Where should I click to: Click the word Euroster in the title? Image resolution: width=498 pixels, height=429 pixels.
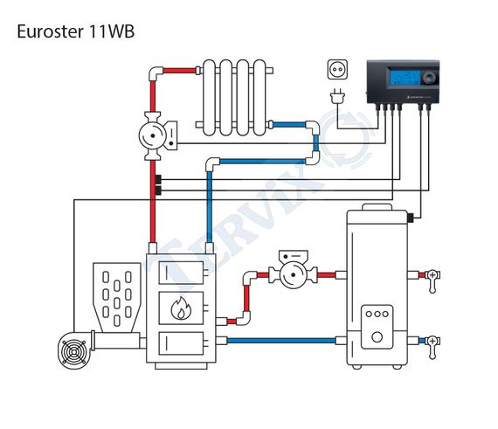pos(50,31)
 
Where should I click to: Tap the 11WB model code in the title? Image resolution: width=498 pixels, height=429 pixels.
pos(112,31)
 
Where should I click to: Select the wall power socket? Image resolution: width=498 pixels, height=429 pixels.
pos(337,69)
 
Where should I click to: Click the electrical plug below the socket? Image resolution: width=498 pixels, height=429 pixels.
pos(337,95)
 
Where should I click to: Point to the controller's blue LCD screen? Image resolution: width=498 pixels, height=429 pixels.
pos(405,77)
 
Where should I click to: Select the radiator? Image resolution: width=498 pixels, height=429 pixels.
pos(234,98)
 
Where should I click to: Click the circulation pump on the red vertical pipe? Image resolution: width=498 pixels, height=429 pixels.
pos(157,135)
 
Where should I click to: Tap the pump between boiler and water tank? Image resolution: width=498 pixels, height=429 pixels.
pos(294,269)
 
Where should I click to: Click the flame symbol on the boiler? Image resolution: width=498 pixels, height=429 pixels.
pos(181,308)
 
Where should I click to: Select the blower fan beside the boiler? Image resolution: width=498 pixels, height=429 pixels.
pos(74,351)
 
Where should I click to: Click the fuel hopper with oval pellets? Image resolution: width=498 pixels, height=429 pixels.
pos(117,298)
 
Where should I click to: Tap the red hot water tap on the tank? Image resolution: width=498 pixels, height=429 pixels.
pos(432,280)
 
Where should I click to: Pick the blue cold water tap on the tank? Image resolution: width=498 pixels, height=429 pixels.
pos(432,346)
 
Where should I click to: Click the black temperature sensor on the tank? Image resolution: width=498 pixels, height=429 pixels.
pos(411,218)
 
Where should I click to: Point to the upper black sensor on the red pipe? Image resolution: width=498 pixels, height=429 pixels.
pos(158,179)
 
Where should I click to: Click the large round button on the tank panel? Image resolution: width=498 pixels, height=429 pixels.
pos(377,337)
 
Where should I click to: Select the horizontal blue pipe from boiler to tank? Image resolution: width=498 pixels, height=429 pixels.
pos(281,341)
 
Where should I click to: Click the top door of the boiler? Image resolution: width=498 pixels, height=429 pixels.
pos(181,273)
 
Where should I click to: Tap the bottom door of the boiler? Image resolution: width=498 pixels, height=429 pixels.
pos(181,343)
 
